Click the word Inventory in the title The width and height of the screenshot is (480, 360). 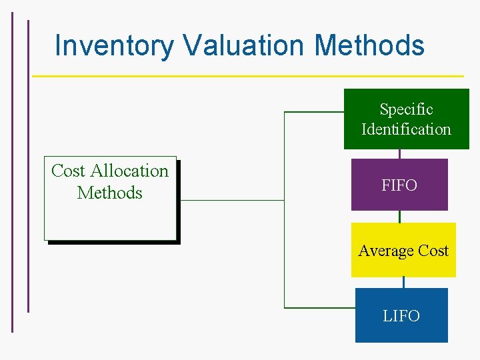[114, 45]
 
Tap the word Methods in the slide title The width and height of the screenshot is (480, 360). [369, 45]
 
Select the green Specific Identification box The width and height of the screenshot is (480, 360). [406, 119]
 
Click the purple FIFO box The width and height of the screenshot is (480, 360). [399, 185]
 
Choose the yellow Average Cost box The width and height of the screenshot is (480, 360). [403, 250]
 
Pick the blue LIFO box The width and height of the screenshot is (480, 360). [401, 315]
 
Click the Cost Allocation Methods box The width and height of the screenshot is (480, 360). [110, 198]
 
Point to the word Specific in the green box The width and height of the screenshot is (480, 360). [406, 109]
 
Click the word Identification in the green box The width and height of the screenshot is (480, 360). [406, 129]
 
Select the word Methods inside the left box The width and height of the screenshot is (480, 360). [110, 193]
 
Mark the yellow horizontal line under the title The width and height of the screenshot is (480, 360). [247, 76]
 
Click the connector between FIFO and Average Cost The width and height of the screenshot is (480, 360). [399, 217]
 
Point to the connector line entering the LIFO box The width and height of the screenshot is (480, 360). [320, 307]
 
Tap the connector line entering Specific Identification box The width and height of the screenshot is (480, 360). [313, 112]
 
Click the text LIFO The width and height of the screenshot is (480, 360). [401, 316]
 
